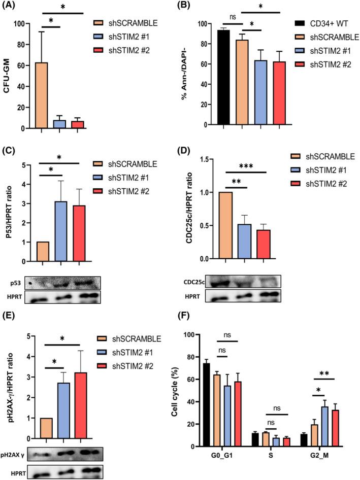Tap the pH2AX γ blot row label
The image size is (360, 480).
(x=15, y=453)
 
